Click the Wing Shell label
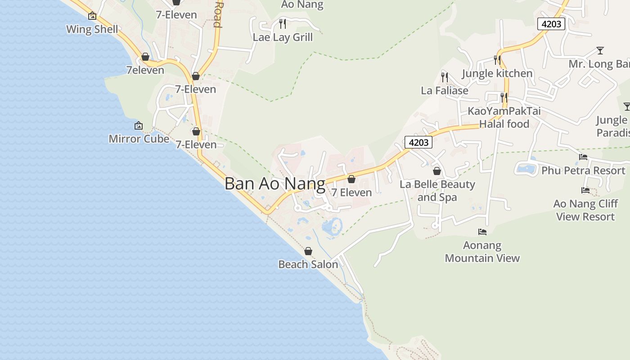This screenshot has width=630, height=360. coord(92,30)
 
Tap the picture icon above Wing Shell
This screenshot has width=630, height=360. coord(92,16)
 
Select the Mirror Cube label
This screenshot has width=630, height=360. coord(139,139)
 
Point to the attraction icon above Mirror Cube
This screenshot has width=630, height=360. coord(139,126)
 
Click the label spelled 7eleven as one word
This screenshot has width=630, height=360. coord(145,70)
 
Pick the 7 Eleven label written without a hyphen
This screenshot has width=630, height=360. coord(351,193)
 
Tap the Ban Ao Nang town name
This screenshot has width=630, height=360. coord(274,184)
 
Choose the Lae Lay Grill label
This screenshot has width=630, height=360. coord(283,37)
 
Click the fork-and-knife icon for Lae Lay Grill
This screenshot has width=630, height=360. coord(283,23)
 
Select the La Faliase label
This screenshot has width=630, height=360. coord(445,90)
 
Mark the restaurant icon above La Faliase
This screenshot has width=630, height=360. coord(445,77)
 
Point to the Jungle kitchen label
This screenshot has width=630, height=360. coord(497,73)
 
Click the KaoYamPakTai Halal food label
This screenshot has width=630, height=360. coord(504,117)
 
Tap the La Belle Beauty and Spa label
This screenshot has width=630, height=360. coord(437,191)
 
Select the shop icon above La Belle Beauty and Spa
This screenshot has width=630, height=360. coord(437,171)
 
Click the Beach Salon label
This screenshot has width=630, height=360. coord(308,264)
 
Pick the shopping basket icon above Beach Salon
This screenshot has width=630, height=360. coord(308,251)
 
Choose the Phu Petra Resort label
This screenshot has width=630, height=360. coord(583,171)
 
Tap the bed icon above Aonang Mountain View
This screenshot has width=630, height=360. coord(482,232)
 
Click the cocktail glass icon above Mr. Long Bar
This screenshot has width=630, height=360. coord(600,50)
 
